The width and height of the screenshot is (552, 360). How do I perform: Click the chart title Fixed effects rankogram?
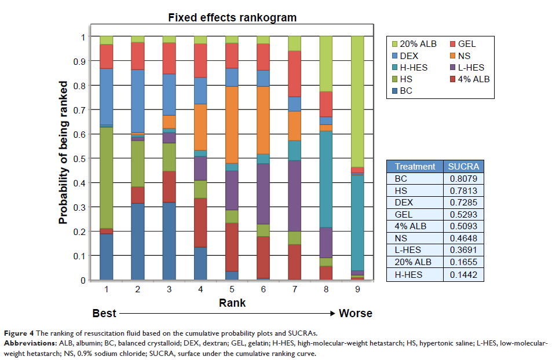[232, 18]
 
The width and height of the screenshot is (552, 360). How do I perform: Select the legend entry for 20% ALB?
[414, 44]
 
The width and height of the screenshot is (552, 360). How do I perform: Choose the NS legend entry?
[465, 56]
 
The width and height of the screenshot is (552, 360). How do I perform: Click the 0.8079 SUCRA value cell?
[463, 178]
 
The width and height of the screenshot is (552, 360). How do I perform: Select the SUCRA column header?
[463, 166]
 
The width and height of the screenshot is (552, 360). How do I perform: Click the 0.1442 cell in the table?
[463, 275]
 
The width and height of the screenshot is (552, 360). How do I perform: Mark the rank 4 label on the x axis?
[200, 288]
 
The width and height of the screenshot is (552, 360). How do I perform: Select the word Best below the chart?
[104, 314]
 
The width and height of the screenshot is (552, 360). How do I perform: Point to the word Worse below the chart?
[356, 314]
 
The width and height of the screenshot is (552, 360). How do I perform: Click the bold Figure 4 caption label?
[23, 333]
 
